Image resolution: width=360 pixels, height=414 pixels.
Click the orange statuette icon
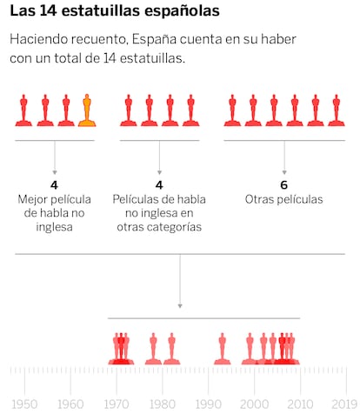pos(87,110)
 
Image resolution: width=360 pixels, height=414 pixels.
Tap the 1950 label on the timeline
pos(24,404)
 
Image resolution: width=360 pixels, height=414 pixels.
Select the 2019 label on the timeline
pos(344,404)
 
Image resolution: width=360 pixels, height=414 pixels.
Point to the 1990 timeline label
pos(209,404)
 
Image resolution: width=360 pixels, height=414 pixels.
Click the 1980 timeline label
pos(163,404)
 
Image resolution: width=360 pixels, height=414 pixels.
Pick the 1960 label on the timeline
pos(70,404)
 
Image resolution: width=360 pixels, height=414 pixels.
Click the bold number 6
pos(284,185)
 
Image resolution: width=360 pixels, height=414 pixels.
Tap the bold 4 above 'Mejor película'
pos(54,185)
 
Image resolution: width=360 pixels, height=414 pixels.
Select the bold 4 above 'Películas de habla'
pos(159,185)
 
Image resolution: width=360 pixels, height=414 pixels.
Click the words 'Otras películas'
pos(283,199)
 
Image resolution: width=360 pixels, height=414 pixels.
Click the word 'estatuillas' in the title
pos(101,11)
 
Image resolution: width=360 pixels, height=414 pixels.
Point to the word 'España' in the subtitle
pos(154,39)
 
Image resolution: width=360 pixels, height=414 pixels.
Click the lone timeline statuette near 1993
pos(223,349)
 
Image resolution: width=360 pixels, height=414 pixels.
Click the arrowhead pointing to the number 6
pos(284,172)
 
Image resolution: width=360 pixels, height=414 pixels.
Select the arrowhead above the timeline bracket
pos(180,306)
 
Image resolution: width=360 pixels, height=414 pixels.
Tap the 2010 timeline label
pos(300,404)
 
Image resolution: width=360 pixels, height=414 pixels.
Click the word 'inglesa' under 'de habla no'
pos(54,227)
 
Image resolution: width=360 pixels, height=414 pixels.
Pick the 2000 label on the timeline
pos(254,404)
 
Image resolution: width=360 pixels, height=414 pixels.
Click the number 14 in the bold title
pos(48,11)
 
